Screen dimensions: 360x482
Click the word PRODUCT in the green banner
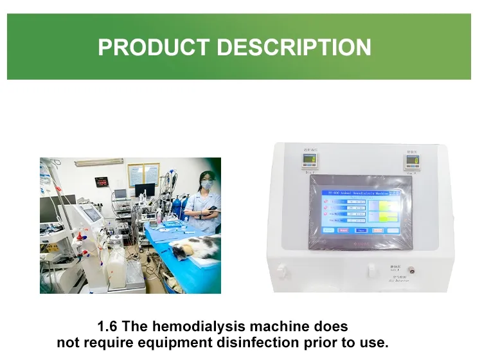tap(153, 48)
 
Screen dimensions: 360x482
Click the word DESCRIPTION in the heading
tap(292, 48)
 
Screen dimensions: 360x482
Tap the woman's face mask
tap(206, 186)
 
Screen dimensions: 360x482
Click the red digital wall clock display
tap(103, 181)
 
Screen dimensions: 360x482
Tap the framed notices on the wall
tap(143, 173)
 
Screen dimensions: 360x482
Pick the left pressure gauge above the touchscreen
tap(310, 161)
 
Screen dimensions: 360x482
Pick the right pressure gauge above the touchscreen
tap(412, 160)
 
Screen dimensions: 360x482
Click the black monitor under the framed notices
tap(145, 192)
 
